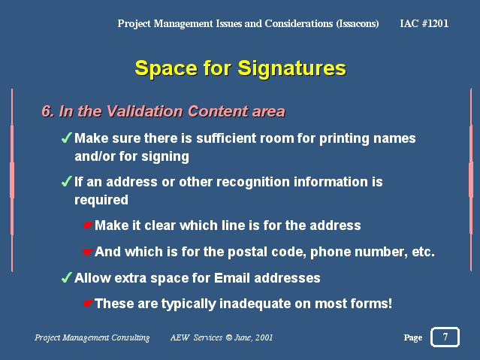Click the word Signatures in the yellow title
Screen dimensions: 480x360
point(291,69)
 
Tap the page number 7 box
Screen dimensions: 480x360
point(445,337)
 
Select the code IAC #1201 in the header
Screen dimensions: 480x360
point(424,23)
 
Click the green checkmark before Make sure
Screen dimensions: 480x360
point(66,138)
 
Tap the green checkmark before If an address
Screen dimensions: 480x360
point(66,181)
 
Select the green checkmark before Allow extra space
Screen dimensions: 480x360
point(66,277)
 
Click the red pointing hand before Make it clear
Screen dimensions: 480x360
point(87,225)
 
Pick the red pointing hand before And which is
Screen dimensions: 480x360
point(87,252)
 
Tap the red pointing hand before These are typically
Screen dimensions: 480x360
point(87,304)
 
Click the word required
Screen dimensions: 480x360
point(101,200)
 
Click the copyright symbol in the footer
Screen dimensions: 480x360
point(228,337)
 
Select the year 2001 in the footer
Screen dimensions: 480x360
point(264,337)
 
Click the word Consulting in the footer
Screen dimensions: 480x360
point(131,337)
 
